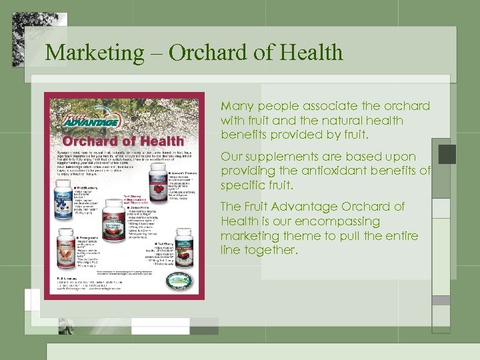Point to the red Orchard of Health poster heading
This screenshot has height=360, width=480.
[x=124, y=141]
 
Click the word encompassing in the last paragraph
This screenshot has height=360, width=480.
[x=344, y=221]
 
